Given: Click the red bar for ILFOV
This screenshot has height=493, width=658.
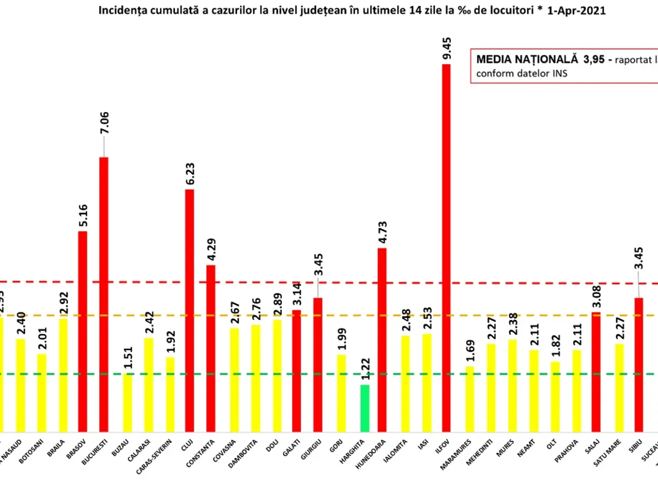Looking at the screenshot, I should (x=446, y=246).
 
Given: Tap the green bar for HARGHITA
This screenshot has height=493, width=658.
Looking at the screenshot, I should (x=365, y=408).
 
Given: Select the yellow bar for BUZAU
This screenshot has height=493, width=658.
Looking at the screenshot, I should (x=127, y=402).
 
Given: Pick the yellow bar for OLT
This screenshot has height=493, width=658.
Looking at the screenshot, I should (x=555, y=396).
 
